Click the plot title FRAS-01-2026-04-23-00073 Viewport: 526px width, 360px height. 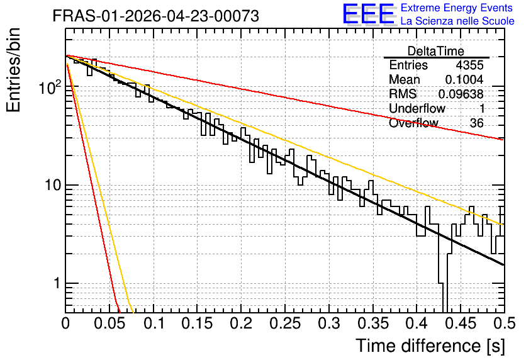[155, 16]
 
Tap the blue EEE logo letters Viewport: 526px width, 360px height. [368, 14]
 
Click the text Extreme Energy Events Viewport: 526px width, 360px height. [457, 8]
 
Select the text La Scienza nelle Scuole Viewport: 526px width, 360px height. [457, 21]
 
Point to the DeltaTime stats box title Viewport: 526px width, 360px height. [435, 51]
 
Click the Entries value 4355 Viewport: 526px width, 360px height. [469, 65]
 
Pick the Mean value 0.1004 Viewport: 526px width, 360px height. [464, 79]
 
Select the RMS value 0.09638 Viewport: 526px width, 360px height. [461, 94]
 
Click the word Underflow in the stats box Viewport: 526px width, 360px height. [417, 108]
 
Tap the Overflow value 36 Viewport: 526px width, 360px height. [477, 123]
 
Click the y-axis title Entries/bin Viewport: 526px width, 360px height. [13, 70]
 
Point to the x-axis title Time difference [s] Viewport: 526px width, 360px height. [430, 346]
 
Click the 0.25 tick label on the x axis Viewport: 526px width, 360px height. [285, 323]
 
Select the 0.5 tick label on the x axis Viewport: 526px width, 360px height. [504, 323]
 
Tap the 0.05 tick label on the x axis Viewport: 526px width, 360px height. [109, 323]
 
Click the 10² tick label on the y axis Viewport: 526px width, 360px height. [50, 87]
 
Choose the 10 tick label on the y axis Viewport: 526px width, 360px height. [53, 185]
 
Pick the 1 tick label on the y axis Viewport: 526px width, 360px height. [57, 283]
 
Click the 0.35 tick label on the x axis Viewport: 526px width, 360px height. [373, 323]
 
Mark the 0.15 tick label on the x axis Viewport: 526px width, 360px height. [198, 323]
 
